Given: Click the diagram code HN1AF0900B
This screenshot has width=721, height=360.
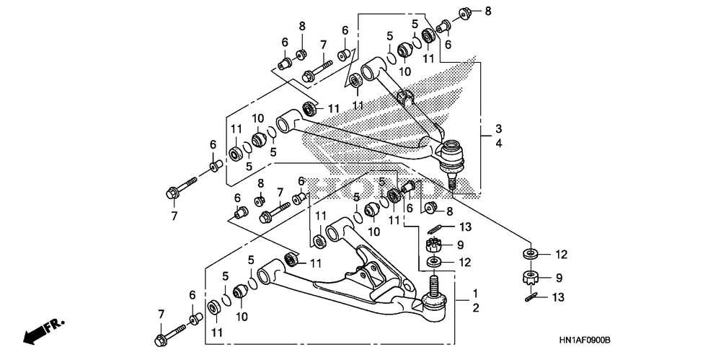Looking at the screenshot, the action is coord(585,341).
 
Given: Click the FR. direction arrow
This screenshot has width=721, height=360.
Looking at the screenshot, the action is coord(44,331).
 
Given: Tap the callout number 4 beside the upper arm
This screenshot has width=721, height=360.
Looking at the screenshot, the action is coord(499,144).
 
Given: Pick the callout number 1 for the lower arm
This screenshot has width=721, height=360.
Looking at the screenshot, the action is coord(475,293).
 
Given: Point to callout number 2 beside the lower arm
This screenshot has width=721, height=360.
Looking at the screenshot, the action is coord(475,308).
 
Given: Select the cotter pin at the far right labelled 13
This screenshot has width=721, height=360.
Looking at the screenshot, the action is coord(531,297).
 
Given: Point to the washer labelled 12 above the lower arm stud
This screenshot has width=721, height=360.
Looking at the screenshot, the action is coord(433,263).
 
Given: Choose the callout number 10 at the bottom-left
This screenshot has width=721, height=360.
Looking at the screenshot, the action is coord(242,317).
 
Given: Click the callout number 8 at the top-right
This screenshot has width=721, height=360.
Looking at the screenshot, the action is coord(488,11).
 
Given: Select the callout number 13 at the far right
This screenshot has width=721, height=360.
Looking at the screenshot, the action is coord(558,298).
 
